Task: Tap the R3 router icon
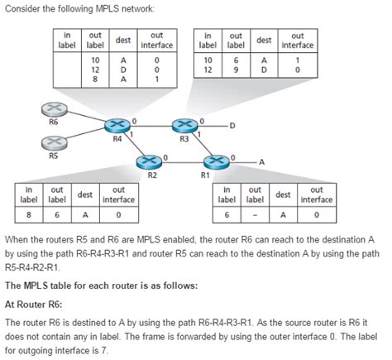[x=184, y=126]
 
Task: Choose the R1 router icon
[x=217, y=160]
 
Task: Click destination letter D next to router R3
[x=233, y=126]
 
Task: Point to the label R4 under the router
[x=118, y=140]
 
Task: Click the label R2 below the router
[x=152, y=175]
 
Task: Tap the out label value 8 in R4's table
[x=95, y=80]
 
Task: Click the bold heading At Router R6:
[x=34, y=305]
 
